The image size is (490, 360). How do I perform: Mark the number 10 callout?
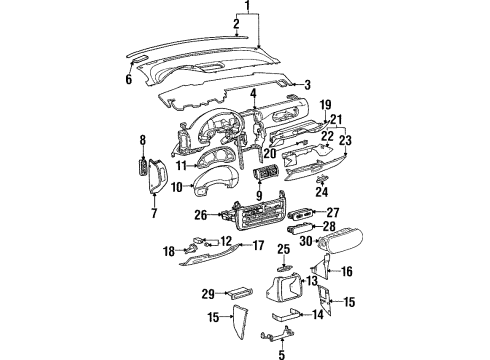[x=176, y=186]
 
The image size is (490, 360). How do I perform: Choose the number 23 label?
[x=345, y=140]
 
